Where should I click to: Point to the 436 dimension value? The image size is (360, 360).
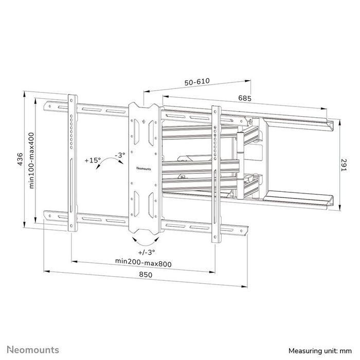[19, 160]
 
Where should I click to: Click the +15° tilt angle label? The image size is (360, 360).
[93, 160]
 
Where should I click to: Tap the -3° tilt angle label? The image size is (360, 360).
[120, 154]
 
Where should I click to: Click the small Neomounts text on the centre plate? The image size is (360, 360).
[143, 168]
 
